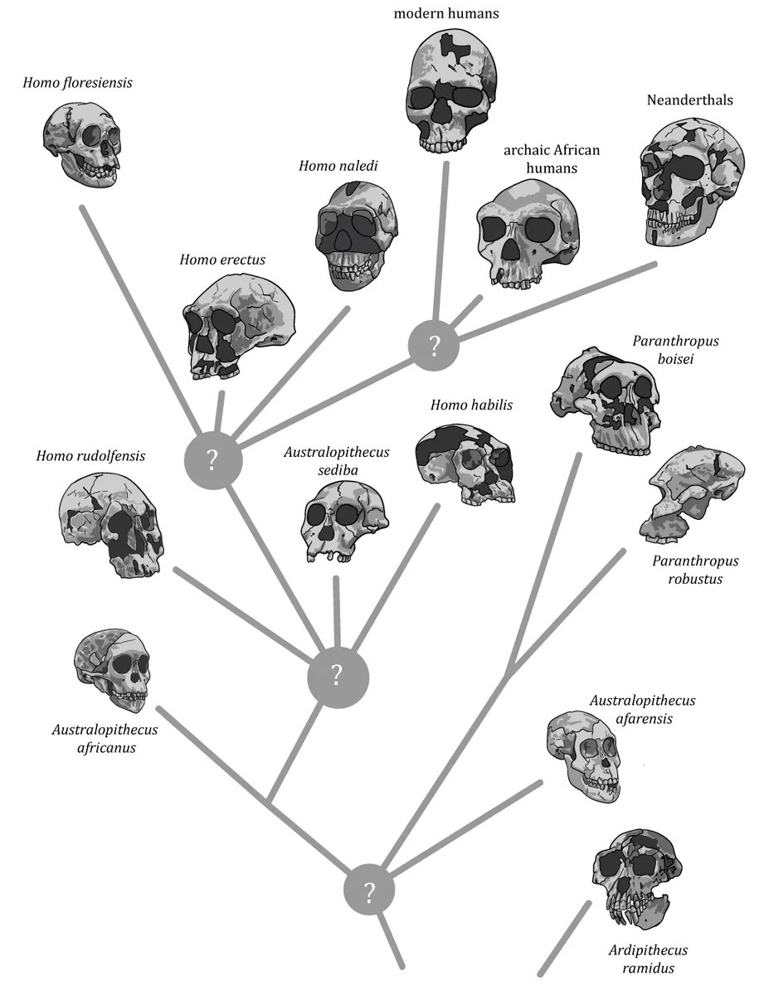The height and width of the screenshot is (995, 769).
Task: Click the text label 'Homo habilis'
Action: coord(471,406)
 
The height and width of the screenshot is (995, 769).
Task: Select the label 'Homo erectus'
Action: coord(222,260)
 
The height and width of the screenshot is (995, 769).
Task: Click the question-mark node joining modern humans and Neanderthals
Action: coord(434,342)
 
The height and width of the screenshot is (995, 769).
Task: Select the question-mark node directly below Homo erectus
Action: coord(212,459)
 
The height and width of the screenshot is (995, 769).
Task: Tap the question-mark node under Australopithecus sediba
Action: coord(337,676)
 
